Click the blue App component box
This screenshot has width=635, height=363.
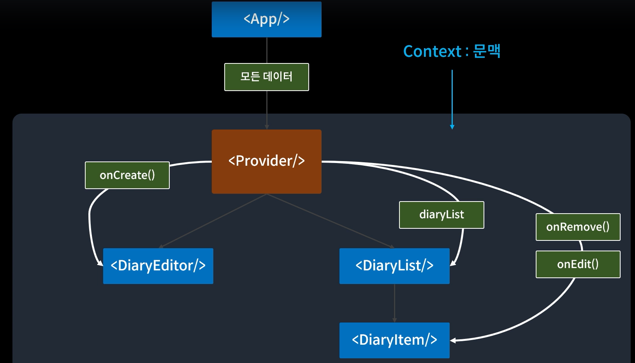click(x=266, y=19)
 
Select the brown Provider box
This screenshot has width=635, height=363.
click(x=266, y=161)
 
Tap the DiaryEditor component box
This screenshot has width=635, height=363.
click(x=158, y=266)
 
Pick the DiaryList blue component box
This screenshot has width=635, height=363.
click(x=394, y=266)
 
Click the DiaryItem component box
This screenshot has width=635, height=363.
click(x=394, y=340)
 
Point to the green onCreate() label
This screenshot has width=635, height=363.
click(x=127, y=175)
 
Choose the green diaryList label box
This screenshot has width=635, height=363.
click(x=442, y=215)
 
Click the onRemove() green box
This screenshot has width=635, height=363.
click(x=578, y=227)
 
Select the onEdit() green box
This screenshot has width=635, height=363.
click(x=578, y=265)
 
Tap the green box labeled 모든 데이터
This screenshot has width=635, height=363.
click(x=266, y=77)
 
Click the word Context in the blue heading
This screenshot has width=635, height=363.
click(x=433, y=52)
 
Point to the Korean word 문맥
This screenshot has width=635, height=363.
click(x=487, y=51)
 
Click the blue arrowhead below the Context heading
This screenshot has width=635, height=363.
click(x=452, y=127)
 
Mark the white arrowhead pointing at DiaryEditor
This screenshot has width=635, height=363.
click(x=100, y=263)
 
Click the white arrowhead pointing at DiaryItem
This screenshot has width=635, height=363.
click(x=453, y=340)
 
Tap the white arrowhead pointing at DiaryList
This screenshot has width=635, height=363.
click(x=453, y=263)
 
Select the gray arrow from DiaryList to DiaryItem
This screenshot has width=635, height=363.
click(x=394, y=303)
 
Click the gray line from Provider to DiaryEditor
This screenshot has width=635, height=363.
click(x=213, y=221)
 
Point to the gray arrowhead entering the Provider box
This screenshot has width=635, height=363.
click(x=266, y=127)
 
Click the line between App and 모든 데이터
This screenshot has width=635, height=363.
click(x=266, y=50)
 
